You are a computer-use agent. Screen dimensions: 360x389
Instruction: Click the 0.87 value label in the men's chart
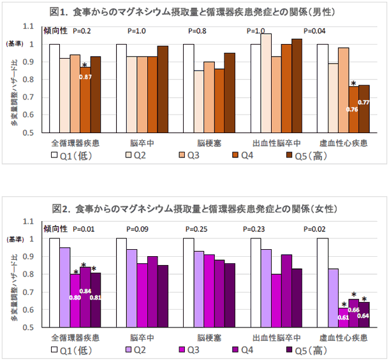[x=85, y=77]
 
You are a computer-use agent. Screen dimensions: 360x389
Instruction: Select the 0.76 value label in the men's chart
[x=352, y=109]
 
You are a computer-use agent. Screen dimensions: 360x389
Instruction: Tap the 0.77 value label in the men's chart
[x=364, y=102]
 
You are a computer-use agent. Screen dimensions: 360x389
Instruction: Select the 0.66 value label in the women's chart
[x=353, y=308]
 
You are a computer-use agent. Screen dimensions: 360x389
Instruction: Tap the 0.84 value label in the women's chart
[x=85, y=291]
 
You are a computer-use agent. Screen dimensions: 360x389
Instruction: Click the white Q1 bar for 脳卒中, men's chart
[x=121, y=88]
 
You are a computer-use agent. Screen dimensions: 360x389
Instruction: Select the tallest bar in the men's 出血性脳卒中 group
[x=266, y=83]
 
